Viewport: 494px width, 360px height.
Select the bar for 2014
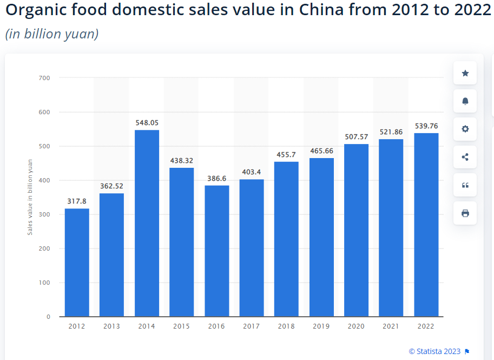click(x=147, y=223)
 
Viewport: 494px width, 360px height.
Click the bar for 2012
click(x=77, y=263)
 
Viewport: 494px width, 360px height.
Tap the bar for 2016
click(x=216, y=251)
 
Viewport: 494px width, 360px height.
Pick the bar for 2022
click(x=426, y=225)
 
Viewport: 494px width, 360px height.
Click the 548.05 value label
click(x=147, y=123)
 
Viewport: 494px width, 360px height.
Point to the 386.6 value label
click(x=216, y=178)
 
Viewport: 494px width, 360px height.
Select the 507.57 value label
click(x=356, y=136)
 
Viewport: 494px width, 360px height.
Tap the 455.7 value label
click(x=286, y=154)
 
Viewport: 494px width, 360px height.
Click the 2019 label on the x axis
click(x=321, y=326)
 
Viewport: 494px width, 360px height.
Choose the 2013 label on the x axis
click(x=111, y=326)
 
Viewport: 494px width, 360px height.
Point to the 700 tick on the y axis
click(x=44, y=78)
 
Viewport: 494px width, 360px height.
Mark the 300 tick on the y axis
click(x=44, y=214)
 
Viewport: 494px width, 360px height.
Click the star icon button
click(x=465, y=73)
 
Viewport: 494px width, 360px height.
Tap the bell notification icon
click(x=465, y=101)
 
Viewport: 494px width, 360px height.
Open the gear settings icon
click(x=465, y=129)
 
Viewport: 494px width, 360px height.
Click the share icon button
click(x=465, y=158)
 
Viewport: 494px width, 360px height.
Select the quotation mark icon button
click(x=465, y=185)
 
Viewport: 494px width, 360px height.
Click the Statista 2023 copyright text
click(x=435, y=351)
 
